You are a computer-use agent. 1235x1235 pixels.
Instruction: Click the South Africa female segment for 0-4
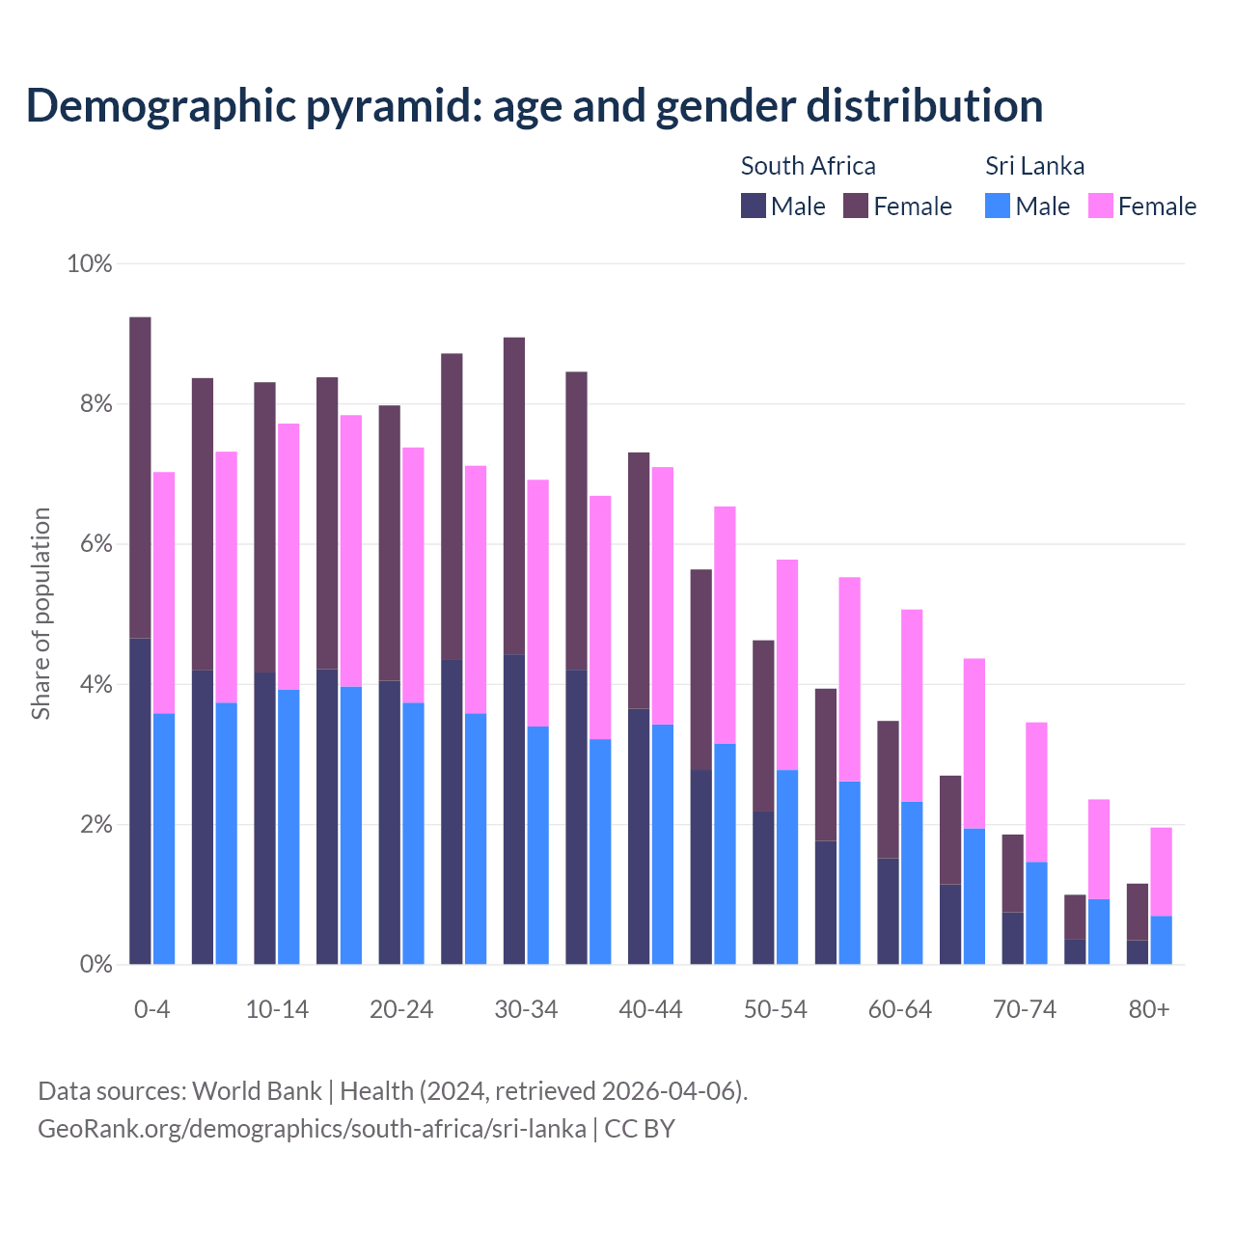(140, 478)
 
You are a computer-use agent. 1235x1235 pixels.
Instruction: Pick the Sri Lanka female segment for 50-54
(787, 664)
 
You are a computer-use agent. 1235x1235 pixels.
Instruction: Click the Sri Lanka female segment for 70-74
(1036, 791)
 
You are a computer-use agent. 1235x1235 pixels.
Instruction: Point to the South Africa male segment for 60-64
(888, 911)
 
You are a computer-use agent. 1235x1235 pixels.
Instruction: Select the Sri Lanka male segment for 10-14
(288, 826)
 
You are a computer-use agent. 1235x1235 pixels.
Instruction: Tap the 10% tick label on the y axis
(89, 263)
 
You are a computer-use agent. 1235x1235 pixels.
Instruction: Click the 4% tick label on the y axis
(96, 685)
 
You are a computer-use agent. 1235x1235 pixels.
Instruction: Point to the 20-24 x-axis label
(401, 1009)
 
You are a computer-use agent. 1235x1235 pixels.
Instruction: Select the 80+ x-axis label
(1149, 1009)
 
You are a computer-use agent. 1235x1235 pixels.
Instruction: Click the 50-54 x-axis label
(776, 1009)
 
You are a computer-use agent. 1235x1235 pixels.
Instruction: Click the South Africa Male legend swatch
(754, 206)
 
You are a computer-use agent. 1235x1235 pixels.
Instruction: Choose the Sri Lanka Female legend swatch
(1101, 206)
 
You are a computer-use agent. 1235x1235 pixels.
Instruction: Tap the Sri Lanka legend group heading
(1034, 166)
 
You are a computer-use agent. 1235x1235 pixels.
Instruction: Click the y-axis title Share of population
(41, 614)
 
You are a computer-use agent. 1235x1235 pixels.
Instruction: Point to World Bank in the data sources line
(257, 1091)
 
